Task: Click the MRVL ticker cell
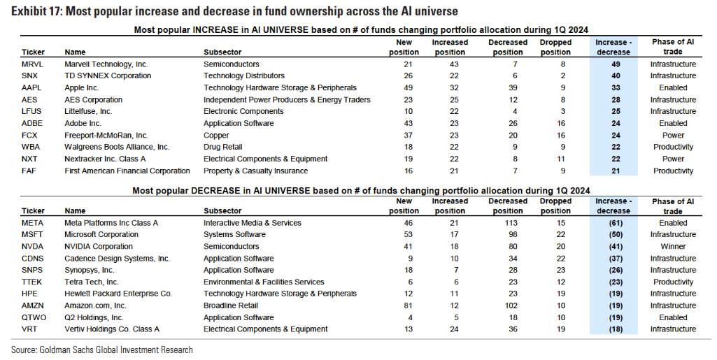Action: [32, 64]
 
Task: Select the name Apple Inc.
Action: [81, 87]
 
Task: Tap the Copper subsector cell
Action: [216, 136]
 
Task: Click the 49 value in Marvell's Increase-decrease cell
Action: [616, 64]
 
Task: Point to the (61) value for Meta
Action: [616, 224]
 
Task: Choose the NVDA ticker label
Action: [32, 247]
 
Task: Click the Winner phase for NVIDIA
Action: [673, 247]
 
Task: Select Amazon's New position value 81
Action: [408, 305]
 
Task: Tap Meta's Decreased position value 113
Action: [511, 224]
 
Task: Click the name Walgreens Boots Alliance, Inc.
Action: [117, 147]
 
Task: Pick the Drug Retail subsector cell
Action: [223, 147]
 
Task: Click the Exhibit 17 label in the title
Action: [36, 11]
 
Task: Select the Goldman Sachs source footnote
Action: [102, 350]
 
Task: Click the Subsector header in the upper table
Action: [222, 52]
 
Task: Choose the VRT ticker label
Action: [29, 329]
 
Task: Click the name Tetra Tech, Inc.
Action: [92, 282]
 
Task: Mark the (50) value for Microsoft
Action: [616, 235]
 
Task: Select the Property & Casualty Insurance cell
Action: [255, 171]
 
